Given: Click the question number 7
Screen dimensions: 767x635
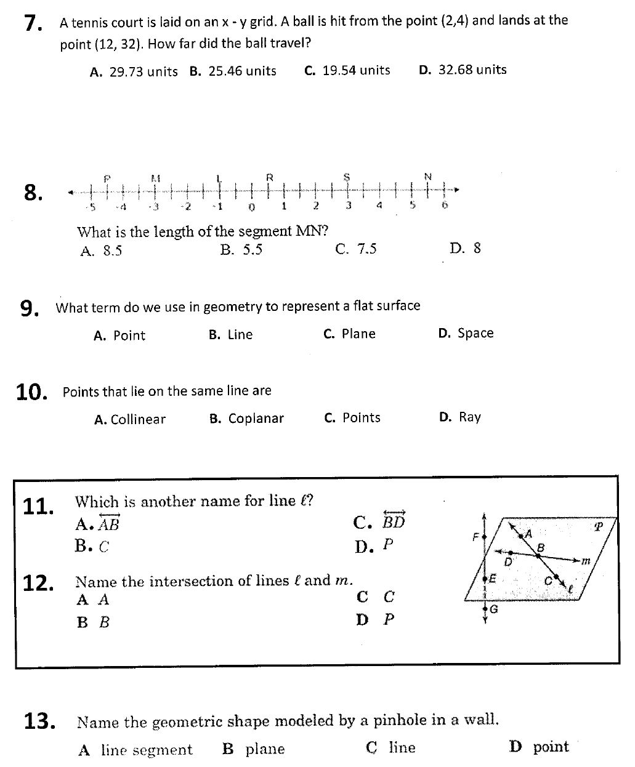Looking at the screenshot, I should pyautogui.click(x=33, y=23).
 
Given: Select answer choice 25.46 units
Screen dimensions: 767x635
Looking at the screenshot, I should pyautogui.click(x=242, y=71).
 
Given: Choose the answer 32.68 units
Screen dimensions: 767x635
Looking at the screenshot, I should pyautogui.click(x=472, y=70).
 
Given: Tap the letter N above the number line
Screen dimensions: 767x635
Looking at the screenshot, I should pyautogui.click(x=428, y=177).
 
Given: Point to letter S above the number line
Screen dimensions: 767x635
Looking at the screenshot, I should pyautogui.click(x=347, y=177).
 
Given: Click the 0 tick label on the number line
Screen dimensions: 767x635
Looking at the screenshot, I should pyautogui.click(x=251, y=206).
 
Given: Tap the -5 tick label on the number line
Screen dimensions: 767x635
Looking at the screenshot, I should pyautogui.click(x=91, y=206).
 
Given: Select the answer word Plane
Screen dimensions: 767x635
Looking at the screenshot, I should pyautogui.click(x=358, y=334).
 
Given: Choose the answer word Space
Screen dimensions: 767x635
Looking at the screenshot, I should pyautogui.click(x=475, y=333).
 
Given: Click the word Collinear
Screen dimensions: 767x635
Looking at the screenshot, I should pyautogui.click(x=138, y=420).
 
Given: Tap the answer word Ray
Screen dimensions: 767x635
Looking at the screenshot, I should pyautogui.click(x=469, y=417).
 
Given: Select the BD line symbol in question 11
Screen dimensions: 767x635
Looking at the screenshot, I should pyautogui.click(x=394, y=521).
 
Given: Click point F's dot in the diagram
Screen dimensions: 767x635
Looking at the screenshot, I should pyautogui.click(x=485, y=536).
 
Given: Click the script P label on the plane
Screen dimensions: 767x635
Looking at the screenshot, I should pyautogui.click(x=597, y=528).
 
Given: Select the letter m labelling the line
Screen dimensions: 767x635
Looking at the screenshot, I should pyautogui.click(x=586, y=561).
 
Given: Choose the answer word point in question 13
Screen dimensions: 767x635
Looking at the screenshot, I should pyautogui.click(x=551, y=747).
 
